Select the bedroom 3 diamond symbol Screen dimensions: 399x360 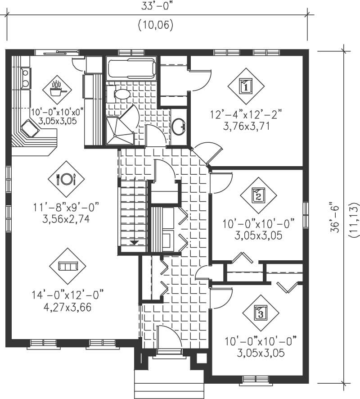click(x=260, y=313)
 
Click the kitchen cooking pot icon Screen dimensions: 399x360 click(x=56, y=88)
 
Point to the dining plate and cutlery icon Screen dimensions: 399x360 click(x=66, y=179)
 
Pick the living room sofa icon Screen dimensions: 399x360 click(x=67, y=266)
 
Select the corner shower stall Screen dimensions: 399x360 click(x=120, y=129)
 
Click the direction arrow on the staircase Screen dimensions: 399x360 click(x=134, y=242)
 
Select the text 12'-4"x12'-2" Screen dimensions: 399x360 click(x=246, y=114)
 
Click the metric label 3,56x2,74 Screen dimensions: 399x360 click(x=66, y=219)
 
